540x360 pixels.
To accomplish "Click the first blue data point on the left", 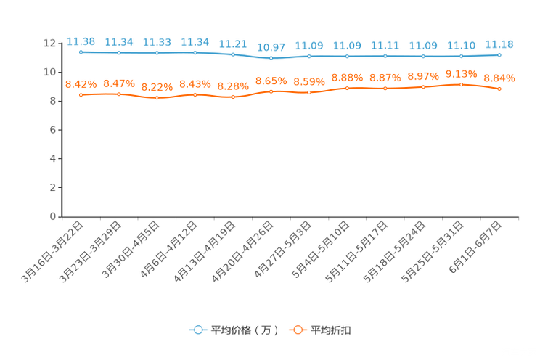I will (81, 52).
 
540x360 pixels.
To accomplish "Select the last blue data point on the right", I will (499, 54).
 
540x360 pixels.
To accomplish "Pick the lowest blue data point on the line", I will (271, 58).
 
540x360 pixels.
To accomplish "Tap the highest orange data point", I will (461, 84).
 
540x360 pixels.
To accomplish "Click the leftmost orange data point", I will (81, 95).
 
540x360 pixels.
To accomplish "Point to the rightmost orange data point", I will (499, 89).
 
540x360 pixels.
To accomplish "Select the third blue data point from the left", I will (157, 53).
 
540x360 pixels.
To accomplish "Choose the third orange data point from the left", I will (157, 98).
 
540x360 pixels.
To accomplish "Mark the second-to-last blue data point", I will (461, 56).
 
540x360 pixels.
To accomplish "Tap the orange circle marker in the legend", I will (298, 330).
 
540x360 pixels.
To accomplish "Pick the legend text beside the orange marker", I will (331, 330).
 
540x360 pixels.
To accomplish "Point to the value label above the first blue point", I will (81, 41).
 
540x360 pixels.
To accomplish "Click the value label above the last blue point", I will (499, 44).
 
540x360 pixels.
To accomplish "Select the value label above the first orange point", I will (81, 83).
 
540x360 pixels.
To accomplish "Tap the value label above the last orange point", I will (499, 77).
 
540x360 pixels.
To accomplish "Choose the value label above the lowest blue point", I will (271, 47).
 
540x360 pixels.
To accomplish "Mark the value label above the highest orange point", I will (461, 73).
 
